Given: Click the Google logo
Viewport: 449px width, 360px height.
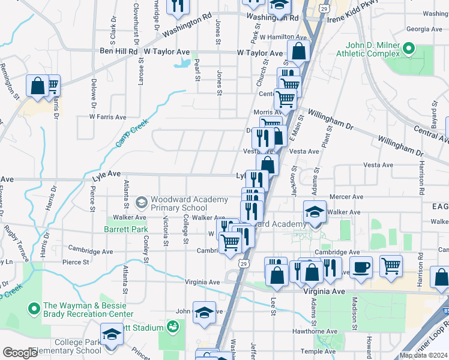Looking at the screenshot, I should pos(20,353).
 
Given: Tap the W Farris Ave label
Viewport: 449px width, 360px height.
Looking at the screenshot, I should pos(107,117).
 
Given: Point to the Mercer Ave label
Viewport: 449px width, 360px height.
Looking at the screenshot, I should pos(347,196).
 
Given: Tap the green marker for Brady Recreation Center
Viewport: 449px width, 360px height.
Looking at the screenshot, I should pos(34,310).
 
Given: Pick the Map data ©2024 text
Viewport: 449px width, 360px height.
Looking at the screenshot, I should pos(423,355).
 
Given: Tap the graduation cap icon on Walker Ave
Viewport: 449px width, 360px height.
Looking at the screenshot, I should pos(315,211).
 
